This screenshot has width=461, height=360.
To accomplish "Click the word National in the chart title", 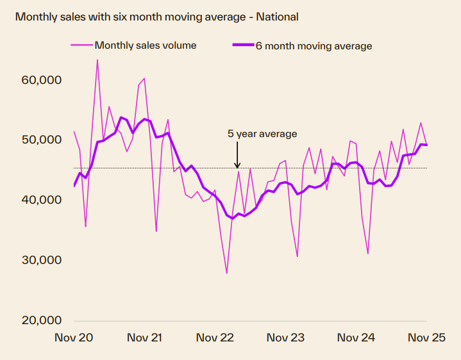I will point(277,17).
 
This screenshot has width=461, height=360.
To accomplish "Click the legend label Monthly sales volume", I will point(146,45).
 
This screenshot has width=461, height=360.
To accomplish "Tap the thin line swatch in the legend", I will point(81,45).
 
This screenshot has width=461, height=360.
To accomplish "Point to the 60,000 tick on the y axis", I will point(40,80).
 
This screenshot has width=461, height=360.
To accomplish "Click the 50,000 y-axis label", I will point(40,140).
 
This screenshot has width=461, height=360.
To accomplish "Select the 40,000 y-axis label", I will point(40,200).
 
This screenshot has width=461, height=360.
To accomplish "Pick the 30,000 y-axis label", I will point(40,260).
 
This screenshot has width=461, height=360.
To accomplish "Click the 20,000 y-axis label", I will point(40,320).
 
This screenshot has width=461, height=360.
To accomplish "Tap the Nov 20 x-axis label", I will point(74,338).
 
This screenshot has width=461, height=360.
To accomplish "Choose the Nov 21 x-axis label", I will point(145,338).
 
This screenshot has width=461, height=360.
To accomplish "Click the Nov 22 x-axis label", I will point(215,338).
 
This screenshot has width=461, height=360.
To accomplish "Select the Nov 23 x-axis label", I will point(286,338).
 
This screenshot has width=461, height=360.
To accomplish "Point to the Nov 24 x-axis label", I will point(356,338).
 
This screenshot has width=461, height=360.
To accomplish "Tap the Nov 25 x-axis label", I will point(426,338).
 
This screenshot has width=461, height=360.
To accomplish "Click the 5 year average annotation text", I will point(262,134).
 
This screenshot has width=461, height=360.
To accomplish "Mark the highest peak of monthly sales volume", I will point(97,60).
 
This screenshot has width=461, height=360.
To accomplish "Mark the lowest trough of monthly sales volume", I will point(226,273).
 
